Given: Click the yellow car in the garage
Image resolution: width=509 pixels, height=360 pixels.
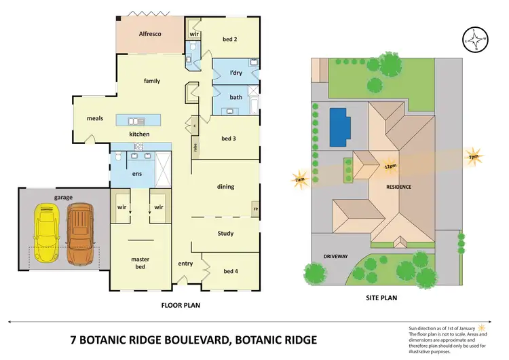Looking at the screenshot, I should [x=46, y=235].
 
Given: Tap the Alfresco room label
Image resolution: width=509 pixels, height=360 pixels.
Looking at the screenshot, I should [x=149, y=33].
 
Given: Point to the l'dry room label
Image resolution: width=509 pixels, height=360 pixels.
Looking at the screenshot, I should [x=236, y=72].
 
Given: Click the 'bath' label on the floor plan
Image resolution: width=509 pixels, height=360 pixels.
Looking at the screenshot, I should [x=235, y=97].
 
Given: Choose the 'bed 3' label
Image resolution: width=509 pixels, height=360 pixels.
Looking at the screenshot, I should [x=229, y=139].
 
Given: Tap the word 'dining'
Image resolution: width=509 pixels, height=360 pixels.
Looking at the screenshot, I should [x=225, y=185].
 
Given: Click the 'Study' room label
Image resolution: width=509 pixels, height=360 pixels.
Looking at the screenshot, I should [x=225, y=234].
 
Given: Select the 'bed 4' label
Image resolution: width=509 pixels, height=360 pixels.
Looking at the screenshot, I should [x=231, y=272].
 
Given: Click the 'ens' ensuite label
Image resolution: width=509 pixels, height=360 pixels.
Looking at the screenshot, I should [x=136, y=174].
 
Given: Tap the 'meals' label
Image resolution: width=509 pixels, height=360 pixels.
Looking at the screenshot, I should [x=94, y=118].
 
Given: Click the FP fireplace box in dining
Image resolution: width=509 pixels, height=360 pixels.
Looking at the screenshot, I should [x=256, y=209].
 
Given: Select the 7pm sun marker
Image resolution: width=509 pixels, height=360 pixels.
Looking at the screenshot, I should [x=473, y=157].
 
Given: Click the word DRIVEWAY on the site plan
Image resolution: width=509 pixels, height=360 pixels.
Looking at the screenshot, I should [x=335, y=256].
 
